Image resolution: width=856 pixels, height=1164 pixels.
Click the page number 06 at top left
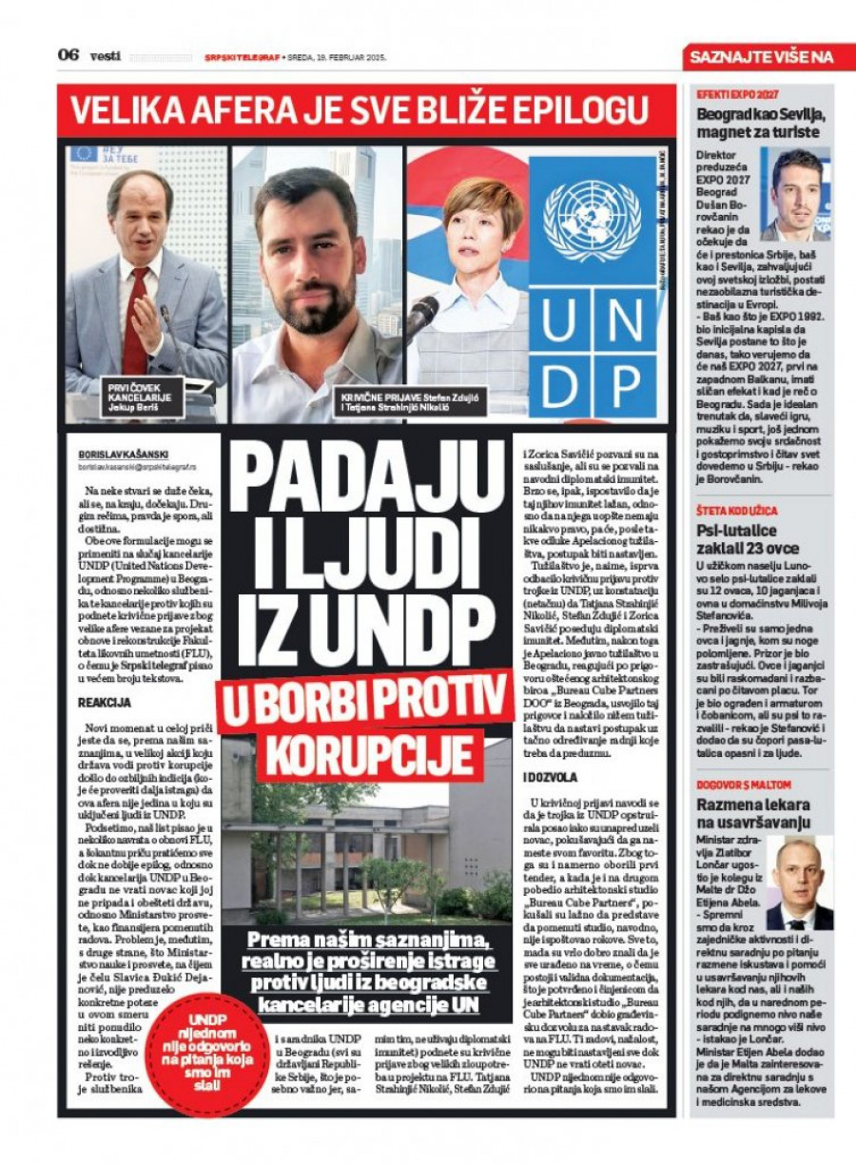point(68,55)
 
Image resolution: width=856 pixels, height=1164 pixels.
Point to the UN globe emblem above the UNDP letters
point(592,223)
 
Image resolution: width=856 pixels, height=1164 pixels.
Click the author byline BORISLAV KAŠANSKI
point(124,455)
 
